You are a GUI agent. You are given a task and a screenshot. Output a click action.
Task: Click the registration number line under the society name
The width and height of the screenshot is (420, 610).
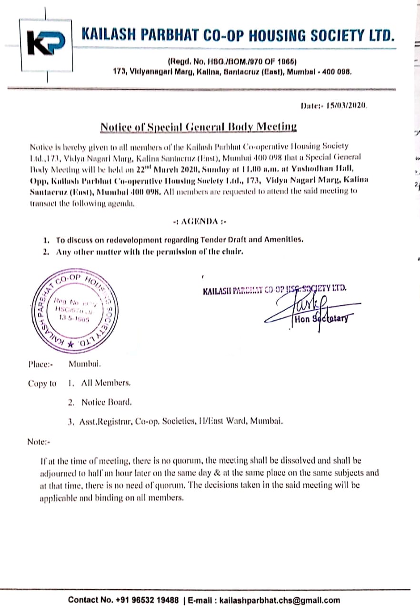click(x=232, y=62)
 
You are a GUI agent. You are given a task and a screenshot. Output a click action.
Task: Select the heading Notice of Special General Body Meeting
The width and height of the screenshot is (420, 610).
click(x=198, y=127)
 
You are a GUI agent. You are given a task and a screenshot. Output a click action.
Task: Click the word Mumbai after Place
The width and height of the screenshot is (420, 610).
click(x=85, y=365)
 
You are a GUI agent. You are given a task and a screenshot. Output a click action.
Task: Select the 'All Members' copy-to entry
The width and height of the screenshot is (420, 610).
click(x=106, y=383)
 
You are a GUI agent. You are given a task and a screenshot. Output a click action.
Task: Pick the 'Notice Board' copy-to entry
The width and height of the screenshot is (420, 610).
click(x=106, y=402)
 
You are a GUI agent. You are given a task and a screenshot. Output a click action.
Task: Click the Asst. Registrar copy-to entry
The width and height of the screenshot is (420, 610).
click(x=181, y=421)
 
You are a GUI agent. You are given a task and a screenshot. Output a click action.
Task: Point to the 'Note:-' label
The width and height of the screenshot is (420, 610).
click(x=39, y=442)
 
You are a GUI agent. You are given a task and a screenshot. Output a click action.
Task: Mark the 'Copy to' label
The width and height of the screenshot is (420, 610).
click(x=42, y=383)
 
